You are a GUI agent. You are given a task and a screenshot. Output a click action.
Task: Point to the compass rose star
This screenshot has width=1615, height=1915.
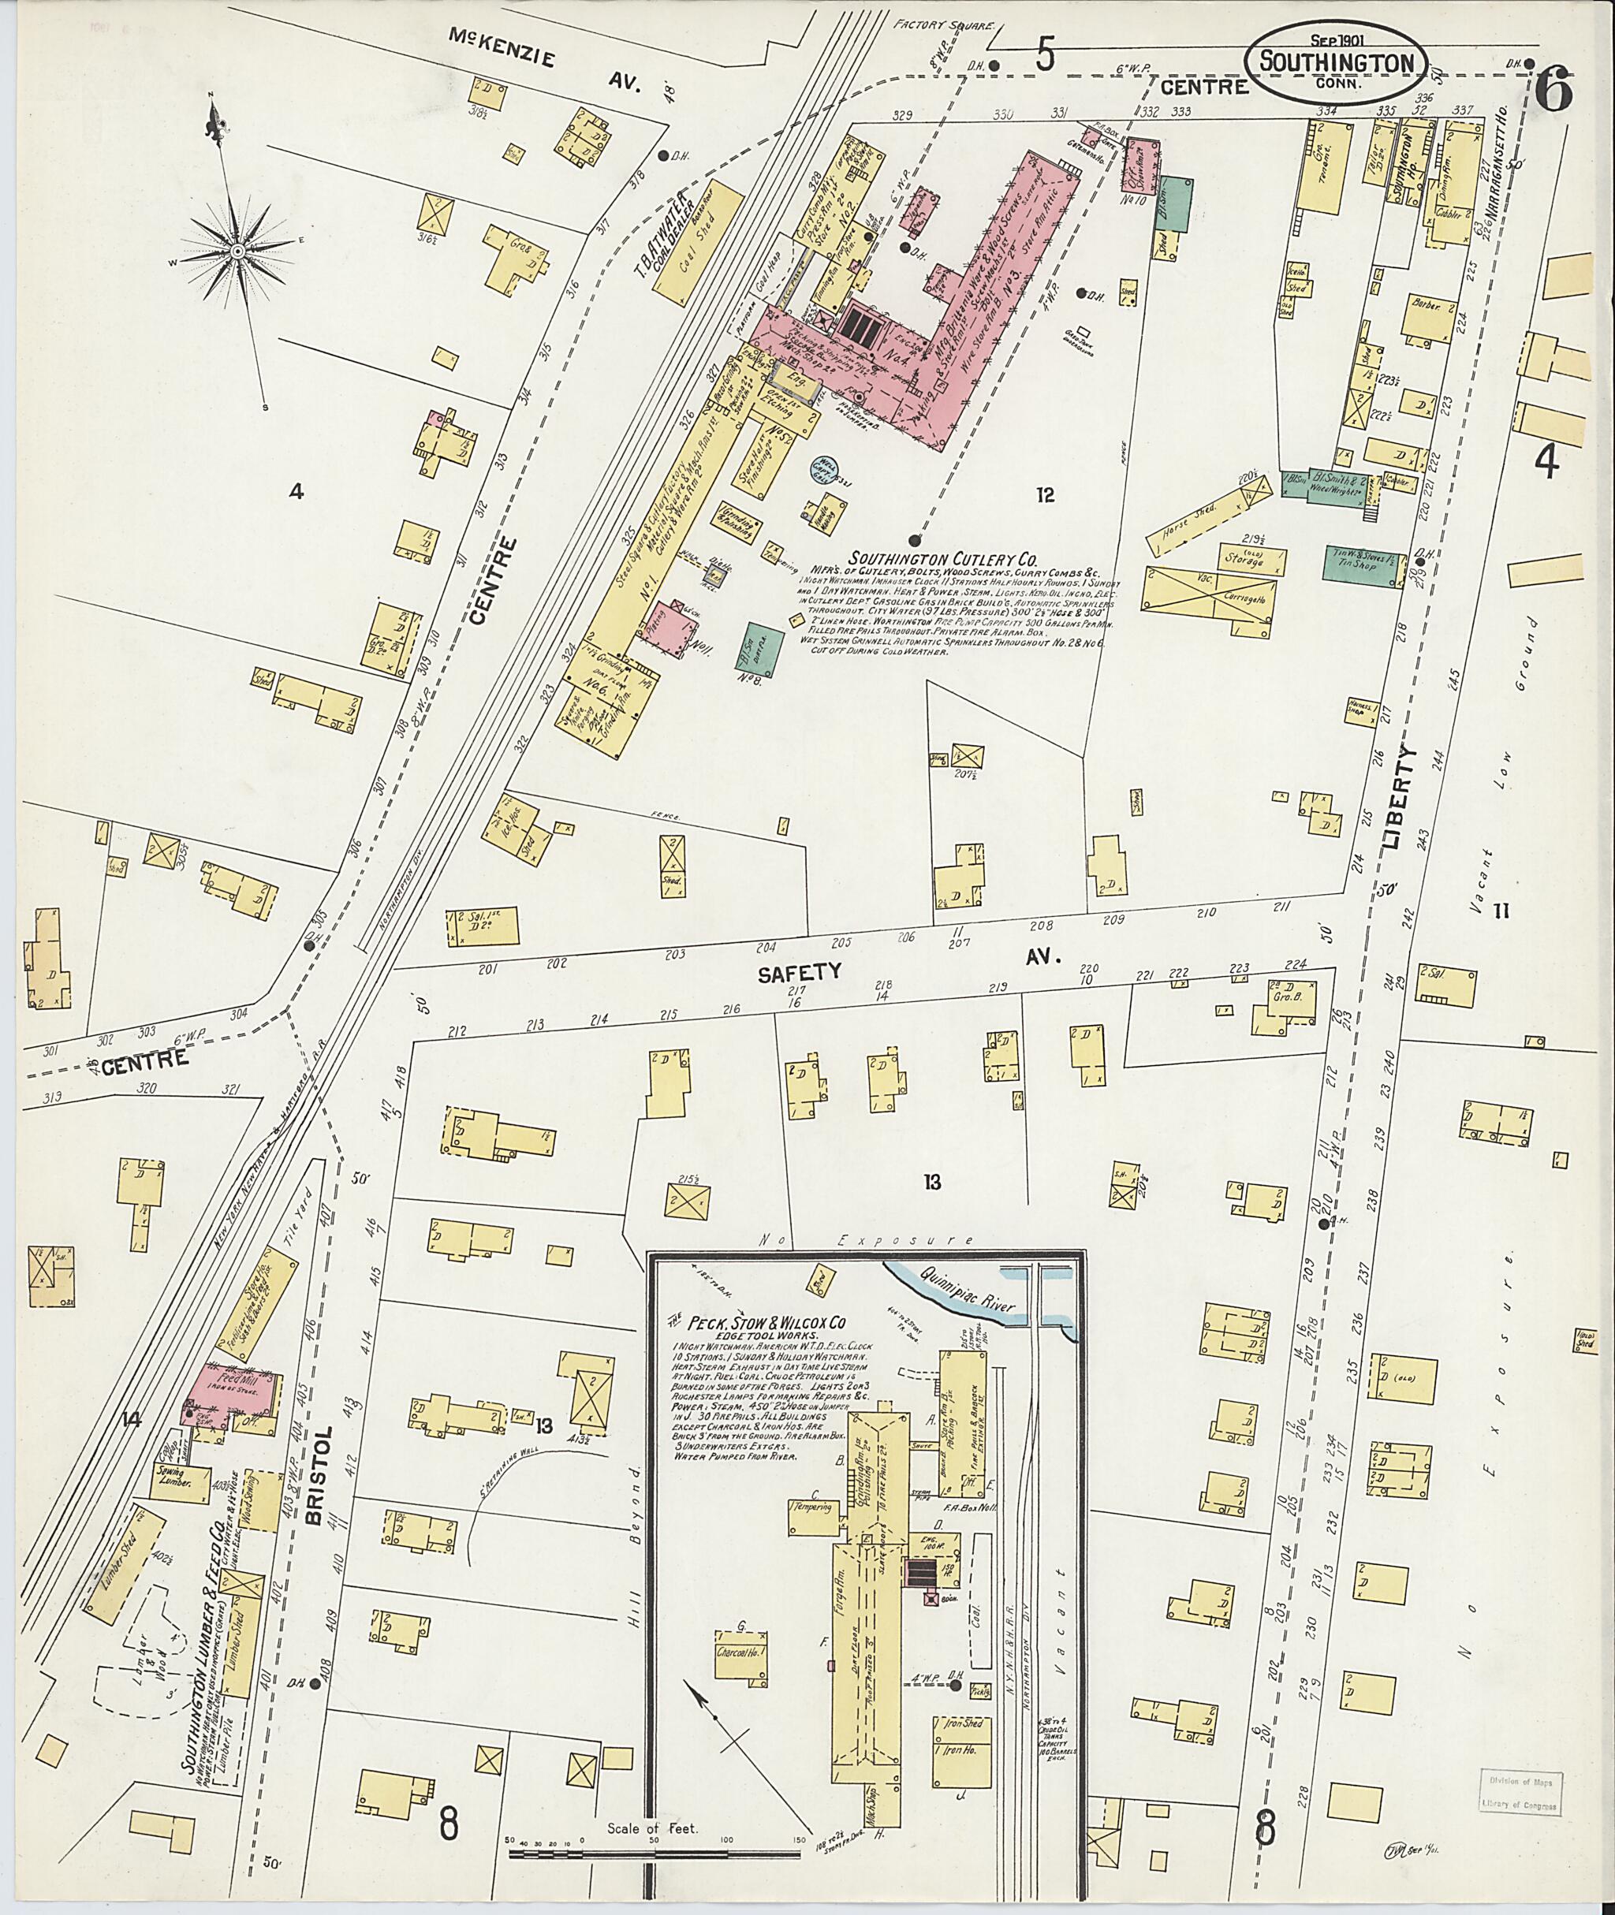click(x=237, y=249)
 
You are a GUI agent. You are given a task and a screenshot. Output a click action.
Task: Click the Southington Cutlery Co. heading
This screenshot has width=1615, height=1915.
click(x=944, y=557)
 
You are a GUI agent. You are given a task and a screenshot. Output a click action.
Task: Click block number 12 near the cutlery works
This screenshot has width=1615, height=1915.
click(x=1046, y=495)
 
